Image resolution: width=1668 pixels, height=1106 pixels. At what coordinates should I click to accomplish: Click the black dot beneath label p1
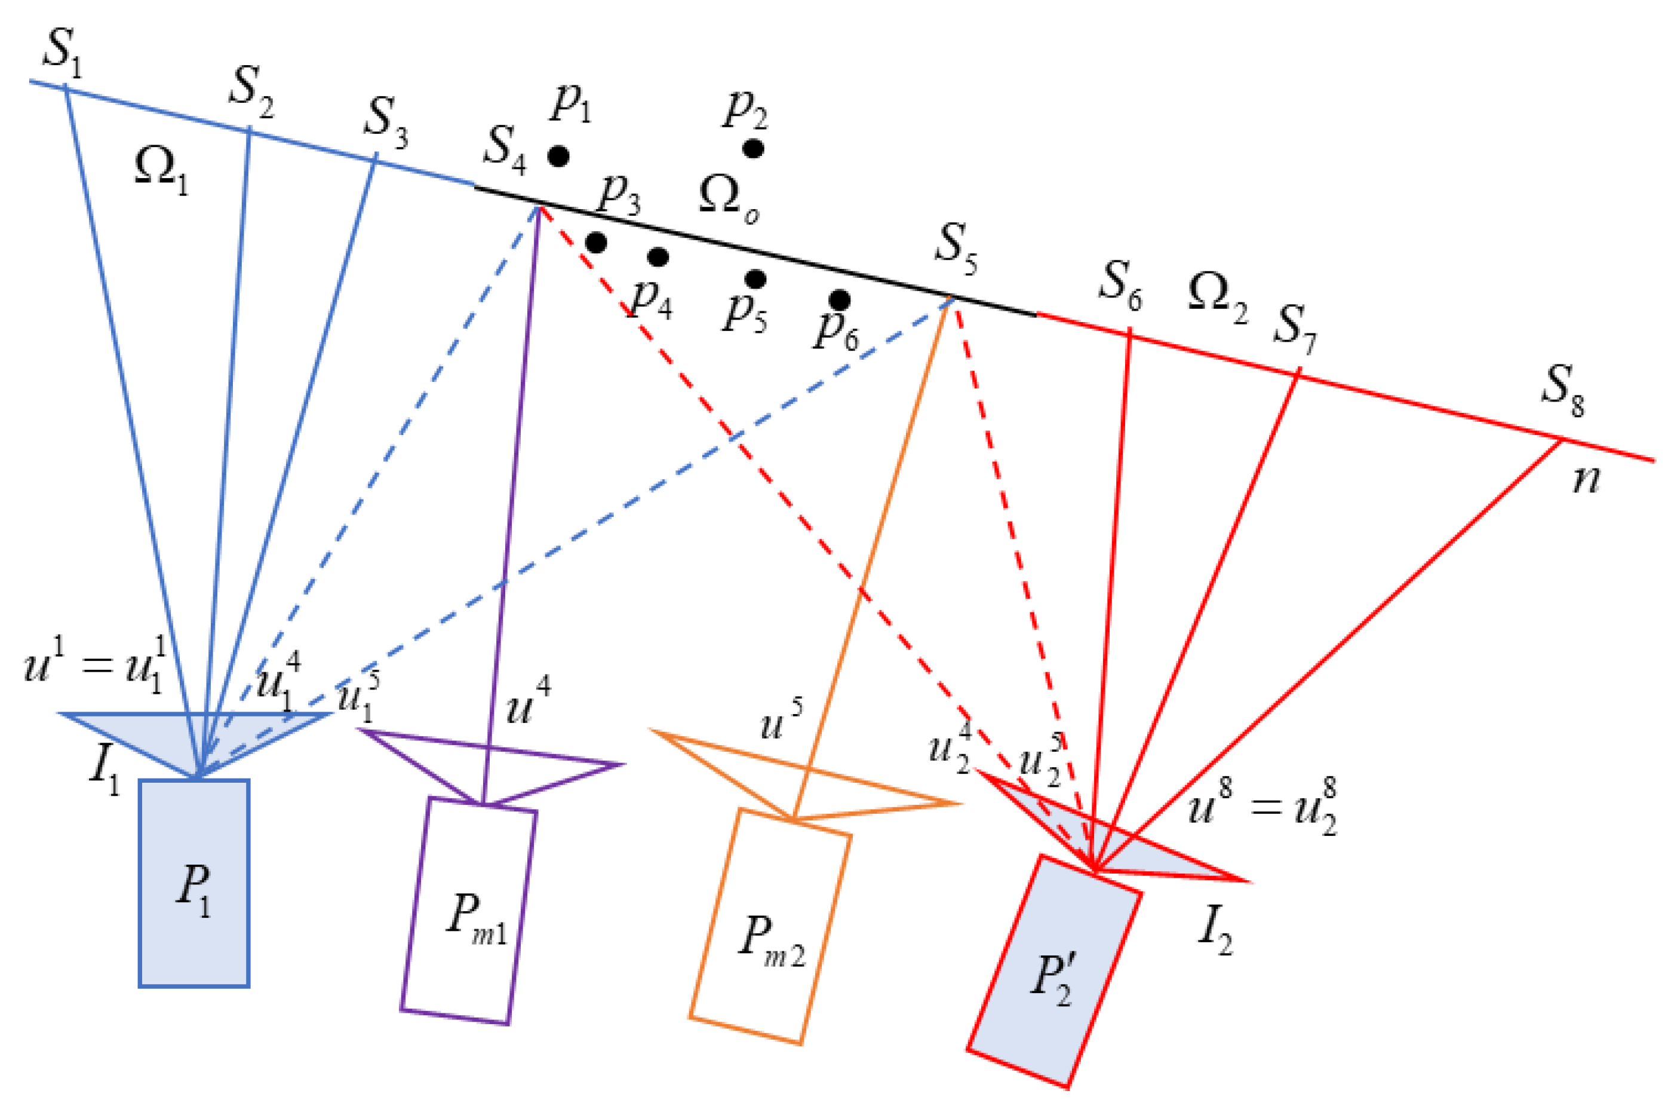click(558, 156)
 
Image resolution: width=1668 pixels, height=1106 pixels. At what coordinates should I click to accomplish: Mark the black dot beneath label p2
click(754, 149)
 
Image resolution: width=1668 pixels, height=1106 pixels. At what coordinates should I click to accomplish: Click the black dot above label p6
click(839, 300)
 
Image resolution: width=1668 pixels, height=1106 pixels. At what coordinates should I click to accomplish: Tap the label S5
click(956, 249)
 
